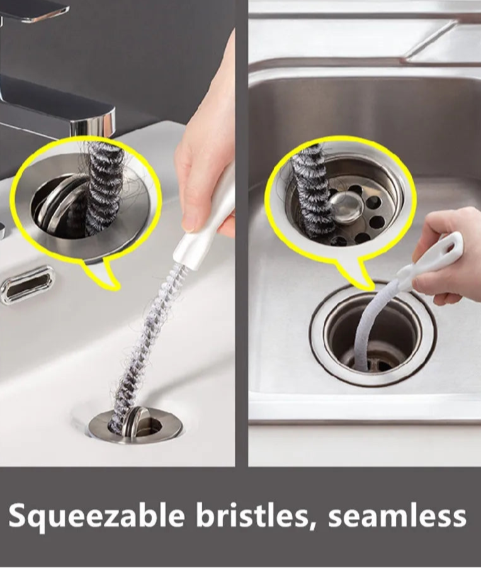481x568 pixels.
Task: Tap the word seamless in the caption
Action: pyautogui.click(x=397, y=515)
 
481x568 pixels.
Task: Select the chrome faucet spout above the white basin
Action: pyautogui.click(x=62, y=109)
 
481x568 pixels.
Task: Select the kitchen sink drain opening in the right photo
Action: pyautogui.click(x=373, y=337)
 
